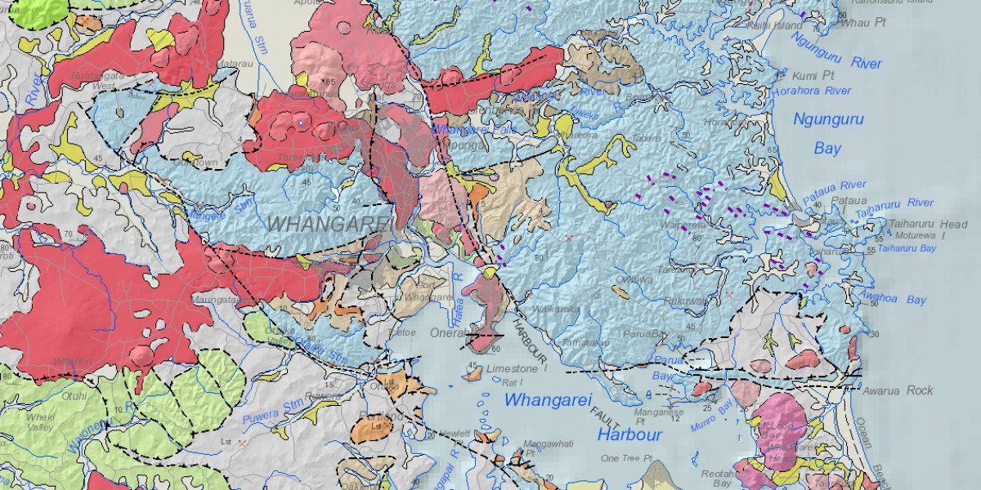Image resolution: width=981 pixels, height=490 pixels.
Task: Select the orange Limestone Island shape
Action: tap(473, 373)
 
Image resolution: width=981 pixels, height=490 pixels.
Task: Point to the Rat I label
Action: tap(512, 381)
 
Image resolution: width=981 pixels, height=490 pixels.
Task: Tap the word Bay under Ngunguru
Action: tap(827, 149)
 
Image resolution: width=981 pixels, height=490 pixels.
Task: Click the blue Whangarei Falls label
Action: tap(464, 130)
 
